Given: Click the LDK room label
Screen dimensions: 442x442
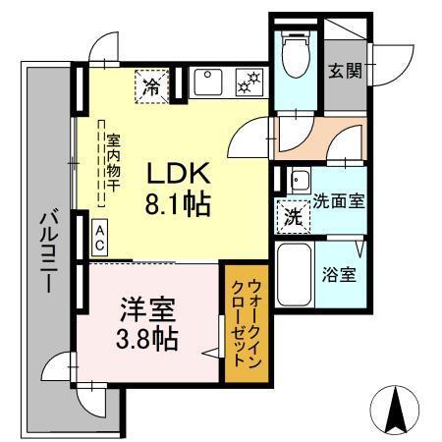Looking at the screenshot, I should pos(179,174).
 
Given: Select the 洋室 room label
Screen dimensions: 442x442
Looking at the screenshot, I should pos(148,310).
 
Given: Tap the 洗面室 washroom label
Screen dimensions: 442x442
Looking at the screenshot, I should pos(339,201).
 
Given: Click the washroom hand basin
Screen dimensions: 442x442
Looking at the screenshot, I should pos(298,181).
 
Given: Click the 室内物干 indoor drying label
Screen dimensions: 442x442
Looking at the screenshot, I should pos(113,162).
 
